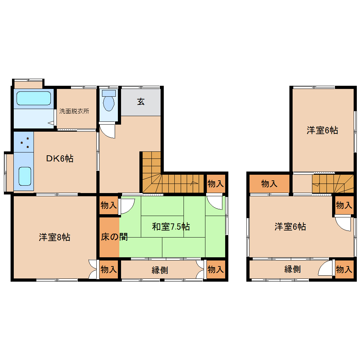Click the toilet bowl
(109, 103)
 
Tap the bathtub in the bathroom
(34, 98)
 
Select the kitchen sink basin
(25, 176)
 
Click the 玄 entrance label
(141, 102)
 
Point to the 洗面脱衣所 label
(74, 111)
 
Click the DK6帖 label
(60, 158)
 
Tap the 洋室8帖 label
(54, 237)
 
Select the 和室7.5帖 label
(171, 227)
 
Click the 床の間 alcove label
(114, 237)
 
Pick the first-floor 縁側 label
(160, 270)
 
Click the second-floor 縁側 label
(293, 269)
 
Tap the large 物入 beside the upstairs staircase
(269, 184)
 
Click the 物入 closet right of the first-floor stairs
(216, 184)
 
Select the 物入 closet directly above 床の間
(109, 205)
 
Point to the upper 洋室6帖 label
(322, 130)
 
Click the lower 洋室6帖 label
(290, 227)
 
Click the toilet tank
(109, 93)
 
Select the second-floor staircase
(333, 184)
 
